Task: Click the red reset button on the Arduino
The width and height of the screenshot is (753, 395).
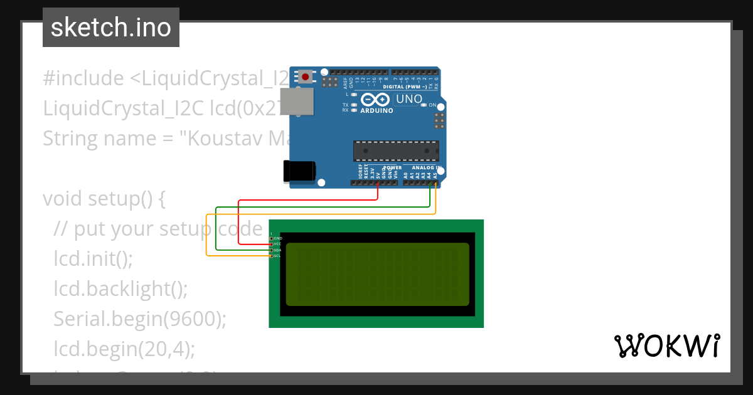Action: [305, 77]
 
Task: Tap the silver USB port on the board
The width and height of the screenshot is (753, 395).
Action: [296, 102]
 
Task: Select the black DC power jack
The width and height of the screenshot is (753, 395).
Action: [299, 171]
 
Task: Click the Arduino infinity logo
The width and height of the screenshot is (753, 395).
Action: [376, 100]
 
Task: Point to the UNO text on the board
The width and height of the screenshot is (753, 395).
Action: [409, 99]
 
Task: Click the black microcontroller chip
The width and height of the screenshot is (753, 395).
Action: [396, 151]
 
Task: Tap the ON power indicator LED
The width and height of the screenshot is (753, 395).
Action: [424, 105]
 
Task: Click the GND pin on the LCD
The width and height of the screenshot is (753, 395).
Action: [272, 238]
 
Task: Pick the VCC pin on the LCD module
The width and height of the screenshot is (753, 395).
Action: [272, 244]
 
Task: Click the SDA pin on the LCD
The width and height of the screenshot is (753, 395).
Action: [272, 250]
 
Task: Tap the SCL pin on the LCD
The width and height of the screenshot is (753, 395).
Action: [272, 256]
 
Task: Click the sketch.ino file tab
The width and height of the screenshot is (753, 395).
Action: [111, 28]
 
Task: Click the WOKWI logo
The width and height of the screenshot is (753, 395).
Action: [666, 345]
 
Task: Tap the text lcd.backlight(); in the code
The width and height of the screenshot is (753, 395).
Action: [120, 288]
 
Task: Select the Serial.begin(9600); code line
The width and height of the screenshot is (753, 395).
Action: [139, 319]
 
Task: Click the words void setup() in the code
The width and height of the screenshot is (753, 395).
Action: [104, 199]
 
